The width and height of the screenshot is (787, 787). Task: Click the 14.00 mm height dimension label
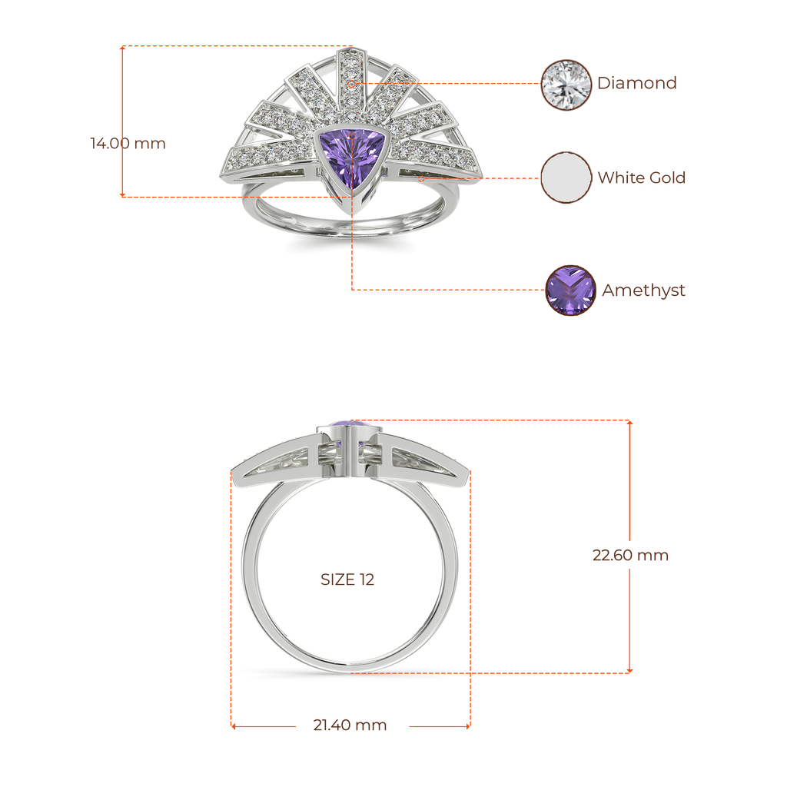[128, 144]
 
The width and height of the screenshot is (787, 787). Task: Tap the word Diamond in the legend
[637, 83]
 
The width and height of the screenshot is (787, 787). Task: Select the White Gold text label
[641, 178]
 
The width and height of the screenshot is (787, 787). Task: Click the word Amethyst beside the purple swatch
[643, 291]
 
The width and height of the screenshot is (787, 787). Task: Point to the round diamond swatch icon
[567, 84]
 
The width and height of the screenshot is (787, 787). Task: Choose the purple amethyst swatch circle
[570, 291]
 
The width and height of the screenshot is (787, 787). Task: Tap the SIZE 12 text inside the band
[347, 579]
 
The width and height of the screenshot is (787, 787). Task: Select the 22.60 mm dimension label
[630, 555]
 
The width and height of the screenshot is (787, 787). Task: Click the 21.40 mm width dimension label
[350, 726]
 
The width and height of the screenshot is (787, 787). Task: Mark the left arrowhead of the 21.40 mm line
[232, 726]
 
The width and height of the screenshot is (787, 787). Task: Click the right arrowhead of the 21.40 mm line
[468, 726]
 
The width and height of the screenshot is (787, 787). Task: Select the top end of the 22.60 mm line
[630, 422]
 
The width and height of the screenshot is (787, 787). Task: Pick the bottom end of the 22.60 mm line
[630, 671]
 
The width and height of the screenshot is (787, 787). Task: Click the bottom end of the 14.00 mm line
[121, 195]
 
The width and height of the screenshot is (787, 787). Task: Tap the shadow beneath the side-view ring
[350, 674]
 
